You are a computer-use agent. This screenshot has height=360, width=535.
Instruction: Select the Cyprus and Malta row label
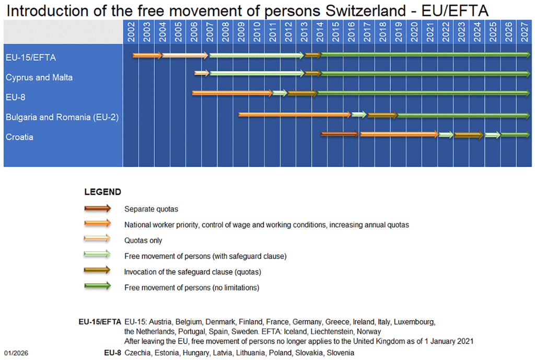point(39,77)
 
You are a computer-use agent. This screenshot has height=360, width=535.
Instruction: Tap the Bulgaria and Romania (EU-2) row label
point(62,117)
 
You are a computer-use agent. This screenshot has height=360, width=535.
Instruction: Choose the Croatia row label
point(19,137)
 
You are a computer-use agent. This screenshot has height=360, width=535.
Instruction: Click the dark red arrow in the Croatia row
point(340,134)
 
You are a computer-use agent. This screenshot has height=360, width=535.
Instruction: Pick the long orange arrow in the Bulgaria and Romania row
point(295,114)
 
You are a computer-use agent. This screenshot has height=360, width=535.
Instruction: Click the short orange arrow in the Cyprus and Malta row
point(202,73)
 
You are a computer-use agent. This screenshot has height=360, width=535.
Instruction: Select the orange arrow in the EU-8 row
point(232,93)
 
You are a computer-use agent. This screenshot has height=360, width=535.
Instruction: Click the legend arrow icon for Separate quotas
point(98,208)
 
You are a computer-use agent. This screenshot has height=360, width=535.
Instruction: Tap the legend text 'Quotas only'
point(143,240)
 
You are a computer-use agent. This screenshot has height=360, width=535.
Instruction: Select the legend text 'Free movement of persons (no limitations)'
point(192,287)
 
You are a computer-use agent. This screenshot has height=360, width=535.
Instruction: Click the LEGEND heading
point(102,192)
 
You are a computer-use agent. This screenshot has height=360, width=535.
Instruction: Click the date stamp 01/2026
point(16,353)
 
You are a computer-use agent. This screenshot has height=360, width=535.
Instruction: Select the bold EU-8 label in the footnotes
point(112,353)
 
